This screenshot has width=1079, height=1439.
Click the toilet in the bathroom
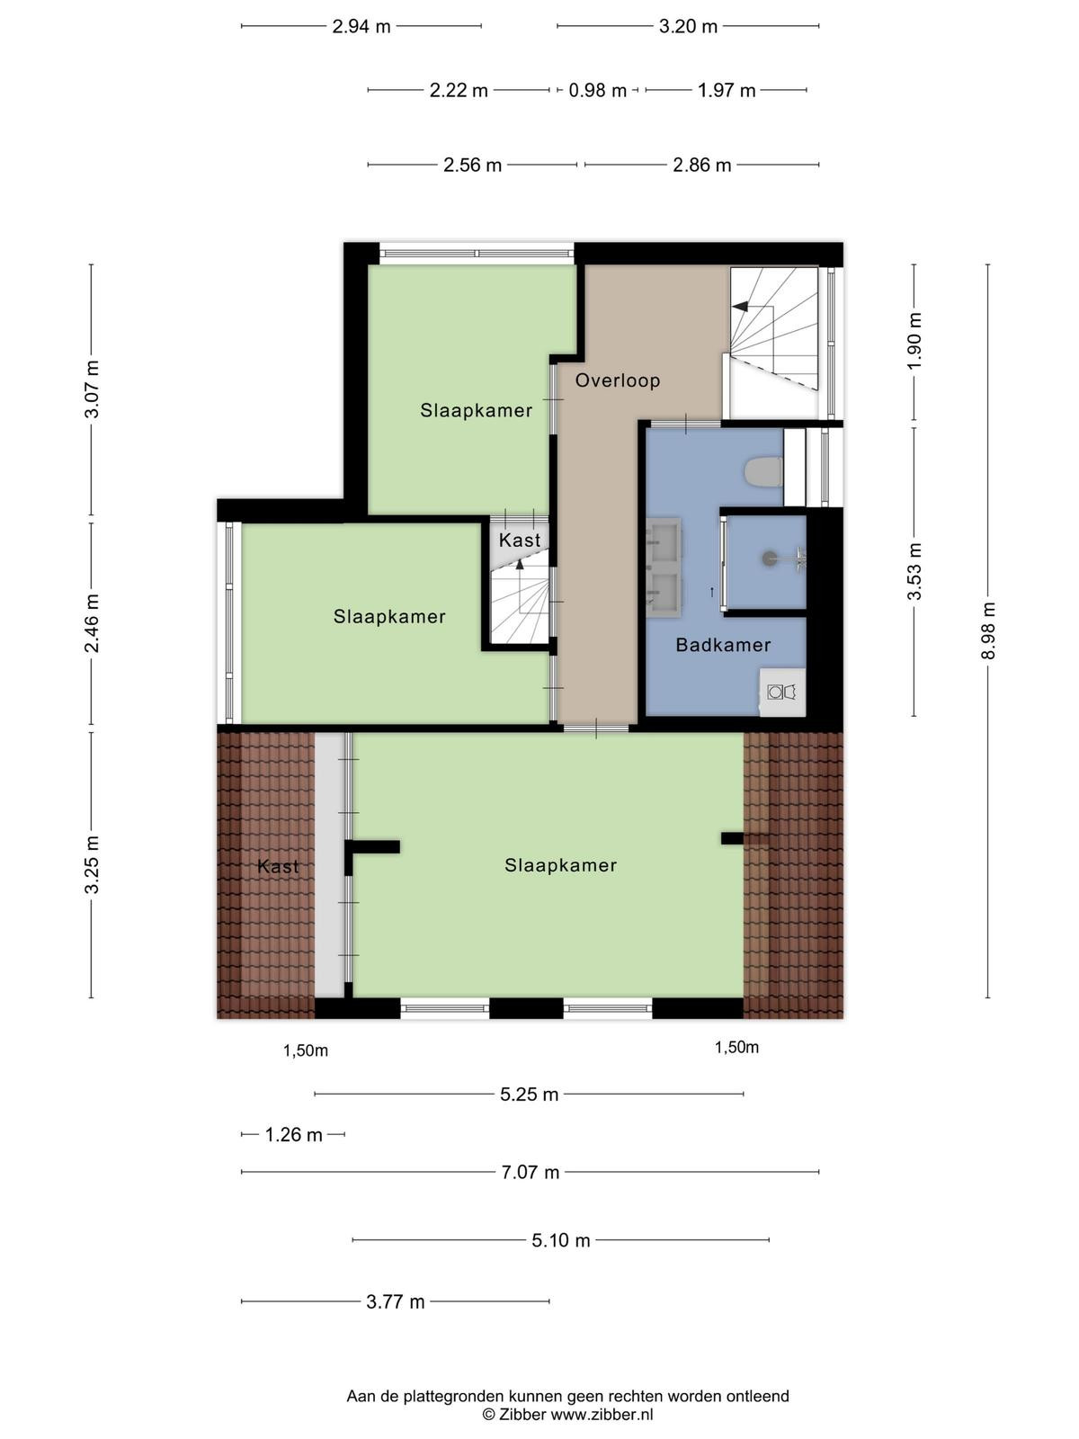coord(765,471)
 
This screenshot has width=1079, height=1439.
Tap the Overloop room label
coord(617,380)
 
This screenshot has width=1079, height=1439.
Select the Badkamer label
coord(723,645)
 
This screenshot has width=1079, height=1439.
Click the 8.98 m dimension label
coord(987,630)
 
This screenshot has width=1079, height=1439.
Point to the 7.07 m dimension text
coord(530,1172)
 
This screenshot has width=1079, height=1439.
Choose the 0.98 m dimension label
coord(597,91)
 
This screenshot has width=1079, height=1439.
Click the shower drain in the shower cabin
coord(769,559)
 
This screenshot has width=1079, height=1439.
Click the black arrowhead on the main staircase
coord(740,306)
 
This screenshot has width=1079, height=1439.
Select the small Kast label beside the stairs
coord(520,541)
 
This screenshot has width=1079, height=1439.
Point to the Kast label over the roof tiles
coord(278,867)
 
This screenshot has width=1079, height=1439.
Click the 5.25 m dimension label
coord(529,1095)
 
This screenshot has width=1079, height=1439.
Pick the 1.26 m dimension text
coord(293,1135)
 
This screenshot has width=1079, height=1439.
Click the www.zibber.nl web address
coord(602,1415)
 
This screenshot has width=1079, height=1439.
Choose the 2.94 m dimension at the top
coord(361,26)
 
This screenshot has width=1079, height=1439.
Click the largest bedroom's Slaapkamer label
coord(561,865)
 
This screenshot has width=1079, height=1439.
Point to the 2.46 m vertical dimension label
coord(92,623)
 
